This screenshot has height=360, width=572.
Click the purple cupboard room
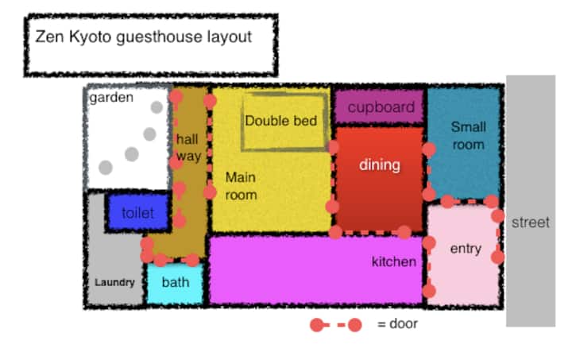[x=379, y=106]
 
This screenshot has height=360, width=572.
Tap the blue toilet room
[x=138, y=213]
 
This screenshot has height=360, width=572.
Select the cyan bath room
[x=175, y=284]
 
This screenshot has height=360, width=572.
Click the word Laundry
[x=114, y=282]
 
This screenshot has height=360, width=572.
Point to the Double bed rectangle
[x=284, y=122]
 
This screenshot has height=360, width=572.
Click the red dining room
[x=380, y=179]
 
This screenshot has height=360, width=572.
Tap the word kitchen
[x=393, y=261]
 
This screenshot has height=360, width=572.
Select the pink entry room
[x=463, y=254]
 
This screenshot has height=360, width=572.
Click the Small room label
[x=469, y=136]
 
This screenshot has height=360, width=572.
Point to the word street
[x=531, y=223]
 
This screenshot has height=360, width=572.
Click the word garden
[x=111, y=98]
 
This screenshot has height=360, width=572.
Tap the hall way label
[x=188, y=147]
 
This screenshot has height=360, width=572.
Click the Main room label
[x=242, y=186]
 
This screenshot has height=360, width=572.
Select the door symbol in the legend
[x=335, y=324]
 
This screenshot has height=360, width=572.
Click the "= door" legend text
[x=397, y=323]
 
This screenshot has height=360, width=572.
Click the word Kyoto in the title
[x=90, y=37]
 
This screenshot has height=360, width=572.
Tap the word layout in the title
[x=230, y=37]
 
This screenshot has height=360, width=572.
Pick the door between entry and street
[x=498, y=236]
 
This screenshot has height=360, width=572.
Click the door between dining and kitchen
[x=370, y=232]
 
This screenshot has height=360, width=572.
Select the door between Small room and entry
[x=470, y=201]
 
